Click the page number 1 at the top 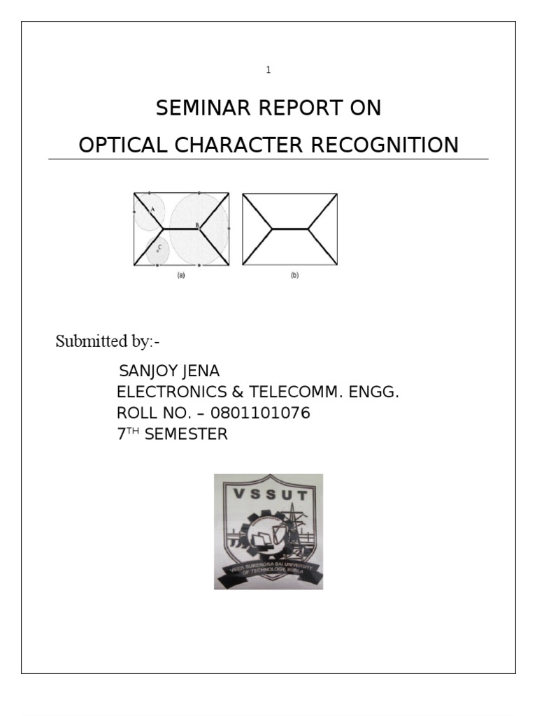pyautogui.click(x=268, y=70)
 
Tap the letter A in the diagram pyautogui.click(x=152, y=208)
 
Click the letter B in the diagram pyautogui.click(x=197, y=225)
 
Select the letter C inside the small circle pyautogui.click(x=159, y=247)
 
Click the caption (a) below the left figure pyautogui.click(x=181, y=275)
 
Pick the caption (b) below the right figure pyautogui.click(x=294, y=275)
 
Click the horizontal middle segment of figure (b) pyautogui.click(x=289, y=229)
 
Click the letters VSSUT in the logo pyautogui.click(x=268, y=497)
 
